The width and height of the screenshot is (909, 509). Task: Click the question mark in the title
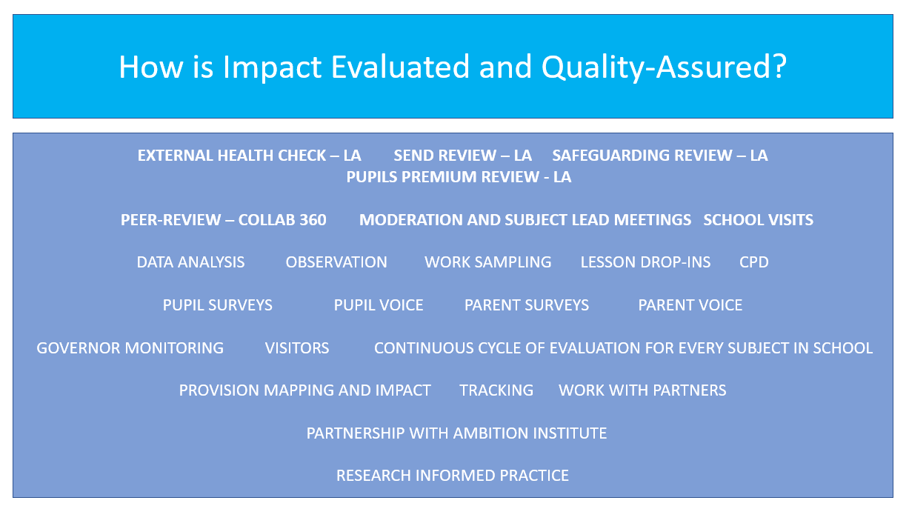tap(779, 66)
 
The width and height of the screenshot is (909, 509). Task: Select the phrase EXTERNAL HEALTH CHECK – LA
tap(249, 156)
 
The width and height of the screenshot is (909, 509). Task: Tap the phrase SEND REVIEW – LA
tap(462, 156)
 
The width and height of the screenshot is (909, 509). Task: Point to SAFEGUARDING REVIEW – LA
tap(660, 156)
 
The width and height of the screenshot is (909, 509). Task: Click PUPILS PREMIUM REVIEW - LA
tap(459, 177)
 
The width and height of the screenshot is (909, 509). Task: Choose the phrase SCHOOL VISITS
tap(758, 220)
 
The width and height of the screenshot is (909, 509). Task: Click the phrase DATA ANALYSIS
tap(190, 262)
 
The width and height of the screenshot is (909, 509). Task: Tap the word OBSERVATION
tap(336, 262)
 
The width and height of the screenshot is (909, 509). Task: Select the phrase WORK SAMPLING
tap(487, 262)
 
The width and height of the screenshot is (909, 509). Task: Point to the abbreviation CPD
tap(754, 262)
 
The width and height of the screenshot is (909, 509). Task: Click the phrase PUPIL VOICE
tap(379, 305)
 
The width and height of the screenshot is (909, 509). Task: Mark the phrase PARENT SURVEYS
tap(526, 305)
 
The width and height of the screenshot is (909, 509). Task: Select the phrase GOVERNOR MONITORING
tap(130, 348)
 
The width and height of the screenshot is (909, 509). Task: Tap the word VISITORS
tap(297, 348)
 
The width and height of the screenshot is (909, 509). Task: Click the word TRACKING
tap(496, 390)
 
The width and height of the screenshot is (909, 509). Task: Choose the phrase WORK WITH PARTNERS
tap(642, 390)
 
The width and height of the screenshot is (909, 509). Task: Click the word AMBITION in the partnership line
tap(491, 433)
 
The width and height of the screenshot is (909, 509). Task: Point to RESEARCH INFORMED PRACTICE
tap(453, 476)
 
